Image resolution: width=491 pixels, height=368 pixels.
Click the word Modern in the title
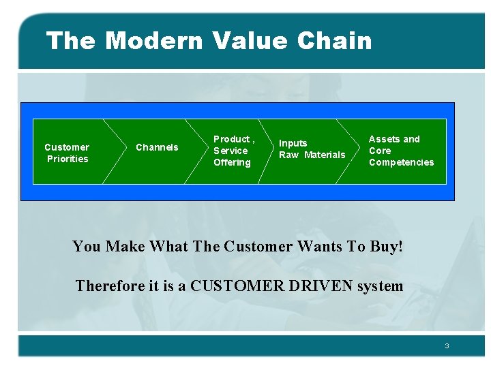tap(154, 41)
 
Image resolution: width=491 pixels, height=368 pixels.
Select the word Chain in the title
tap(335, 41)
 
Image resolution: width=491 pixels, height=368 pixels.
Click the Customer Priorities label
tap(67, 153)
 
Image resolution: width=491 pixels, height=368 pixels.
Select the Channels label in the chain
tap(157, 147)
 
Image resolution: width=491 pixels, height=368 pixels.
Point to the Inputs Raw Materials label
tap(312, 149)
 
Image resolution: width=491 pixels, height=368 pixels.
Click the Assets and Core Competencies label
tap(401, 151)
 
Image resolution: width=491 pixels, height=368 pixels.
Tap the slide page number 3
tap(447, 346)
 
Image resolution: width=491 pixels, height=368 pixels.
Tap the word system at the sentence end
tap(381, 286)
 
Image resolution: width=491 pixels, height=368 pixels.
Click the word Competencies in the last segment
tap(401, 162)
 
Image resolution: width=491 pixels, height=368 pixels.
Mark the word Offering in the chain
tap(232, 162)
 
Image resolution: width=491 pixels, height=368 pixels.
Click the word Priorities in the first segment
tap(68, 159)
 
